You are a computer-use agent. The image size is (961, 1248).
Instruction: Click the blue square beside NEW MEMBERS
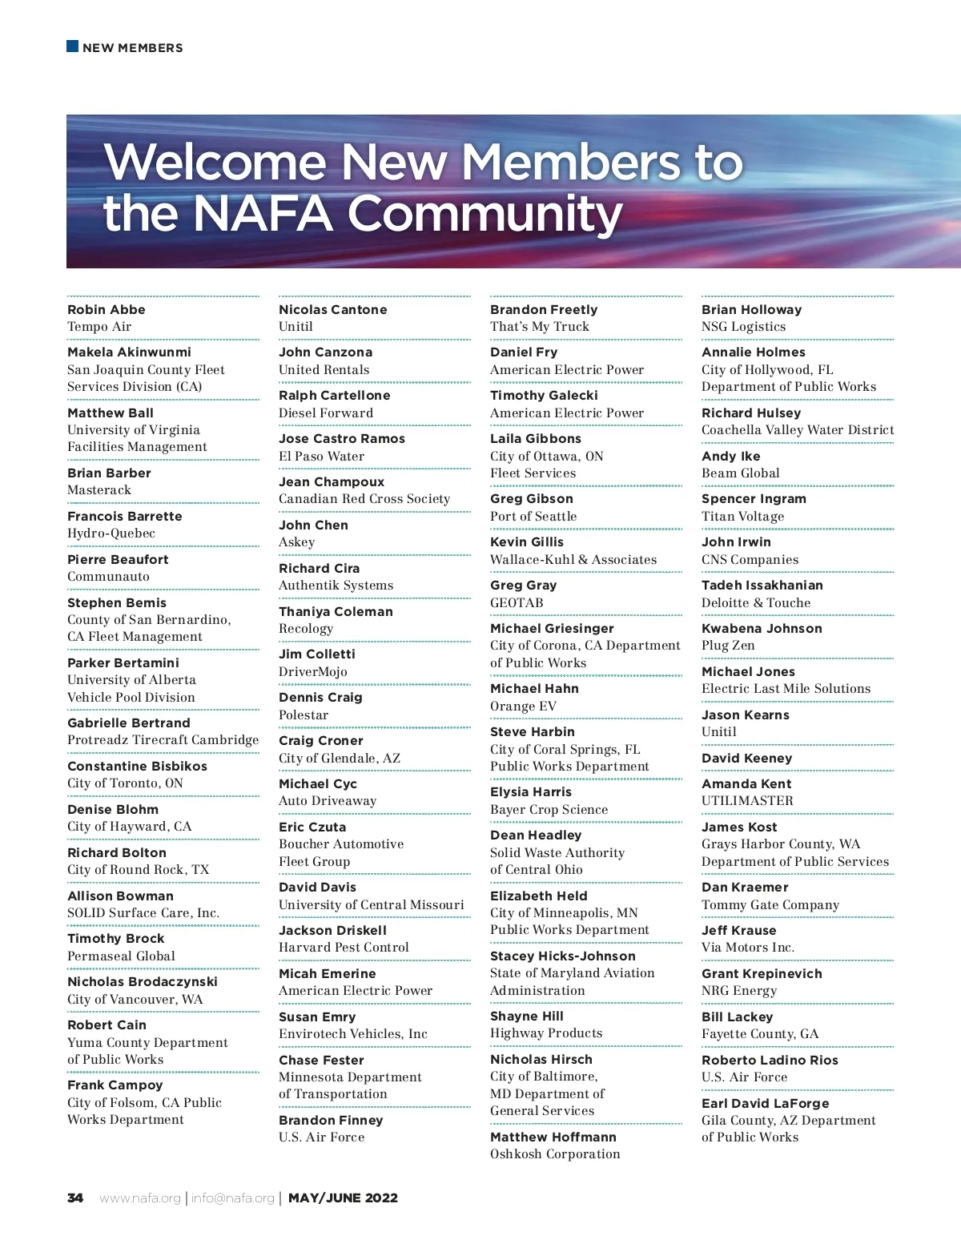[x=72, y=46]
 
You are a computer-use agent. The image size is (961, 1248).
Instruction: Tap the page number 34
[x=75, y=1198]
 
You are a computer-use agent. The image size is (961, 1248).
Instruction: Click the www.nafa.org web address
[x=140, y=1198]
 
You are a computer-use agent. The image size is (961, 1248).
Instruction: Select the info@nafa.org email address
[x=232, y=1198]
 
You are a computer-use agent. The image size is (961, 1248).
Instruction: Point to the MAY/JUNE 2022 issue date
[x=343, y=1198]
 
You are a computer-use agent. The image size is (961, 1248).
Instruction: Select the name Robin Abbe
[x=107, y=309]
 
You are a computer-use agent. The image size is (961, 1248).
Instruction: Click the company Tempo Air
[x=99, y=327]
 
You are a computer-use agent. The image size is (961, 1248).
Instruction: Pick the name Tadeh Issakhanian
[x=762, y=585]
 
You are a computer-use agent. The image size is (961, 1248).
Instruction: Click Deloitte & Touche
[x=755, y=602]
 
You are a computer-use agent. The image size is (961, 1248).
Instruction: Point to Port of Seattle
[x=533, y=517]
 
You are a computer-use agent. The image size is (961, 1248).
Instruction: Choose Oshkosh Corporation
[x=555, y=1154]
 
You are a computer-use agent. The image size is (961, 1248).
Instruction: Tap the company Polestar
[x=304, y=715]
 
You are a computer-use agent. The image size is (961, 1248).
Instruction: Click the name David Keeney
[x=746, y=758]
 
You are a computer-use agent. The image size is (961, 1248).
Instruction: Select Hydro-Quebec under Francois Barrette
[x=111, y=533]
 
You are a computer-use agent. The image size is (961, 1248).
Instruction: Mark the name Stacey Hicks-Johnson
[x=562, y=956]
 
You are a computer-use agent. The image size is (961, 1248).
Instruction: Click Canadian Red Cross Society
[x=364, y=499]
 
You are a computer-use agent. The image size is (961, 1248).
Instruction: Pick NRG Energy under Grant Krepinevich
[x=739, y=991]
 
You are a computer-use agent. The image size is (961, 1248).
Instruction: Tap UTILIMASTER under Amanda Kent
[x=747, y=801]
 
